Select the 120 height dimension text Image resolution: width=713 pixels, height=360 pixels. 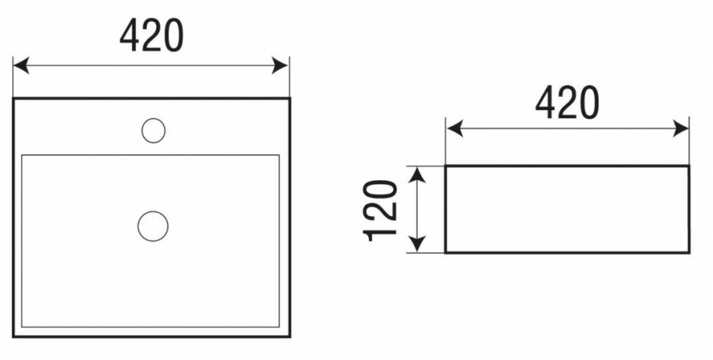coord(381,209)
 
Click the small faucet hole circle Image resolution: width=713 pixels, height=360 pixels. coord(153,131)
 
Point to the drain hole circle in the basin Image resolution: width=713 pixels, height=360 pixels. coord(153,224)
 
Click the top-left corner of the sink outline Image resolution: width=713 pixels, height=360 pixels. coord(15,98)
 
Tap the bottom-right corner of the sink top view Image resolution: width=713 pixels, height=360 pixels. coord(290,336)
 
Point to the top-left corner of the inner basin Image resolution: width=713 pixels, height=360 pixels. coord(23,156)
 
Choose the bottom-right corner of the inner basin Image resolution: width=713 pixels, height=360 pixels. coord(280,328)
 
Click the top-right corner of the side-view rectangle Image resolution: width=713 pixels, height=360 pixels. coord(688,167)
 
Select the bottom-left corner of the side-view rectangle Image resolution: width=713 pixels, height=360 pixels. coord(446,252)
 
